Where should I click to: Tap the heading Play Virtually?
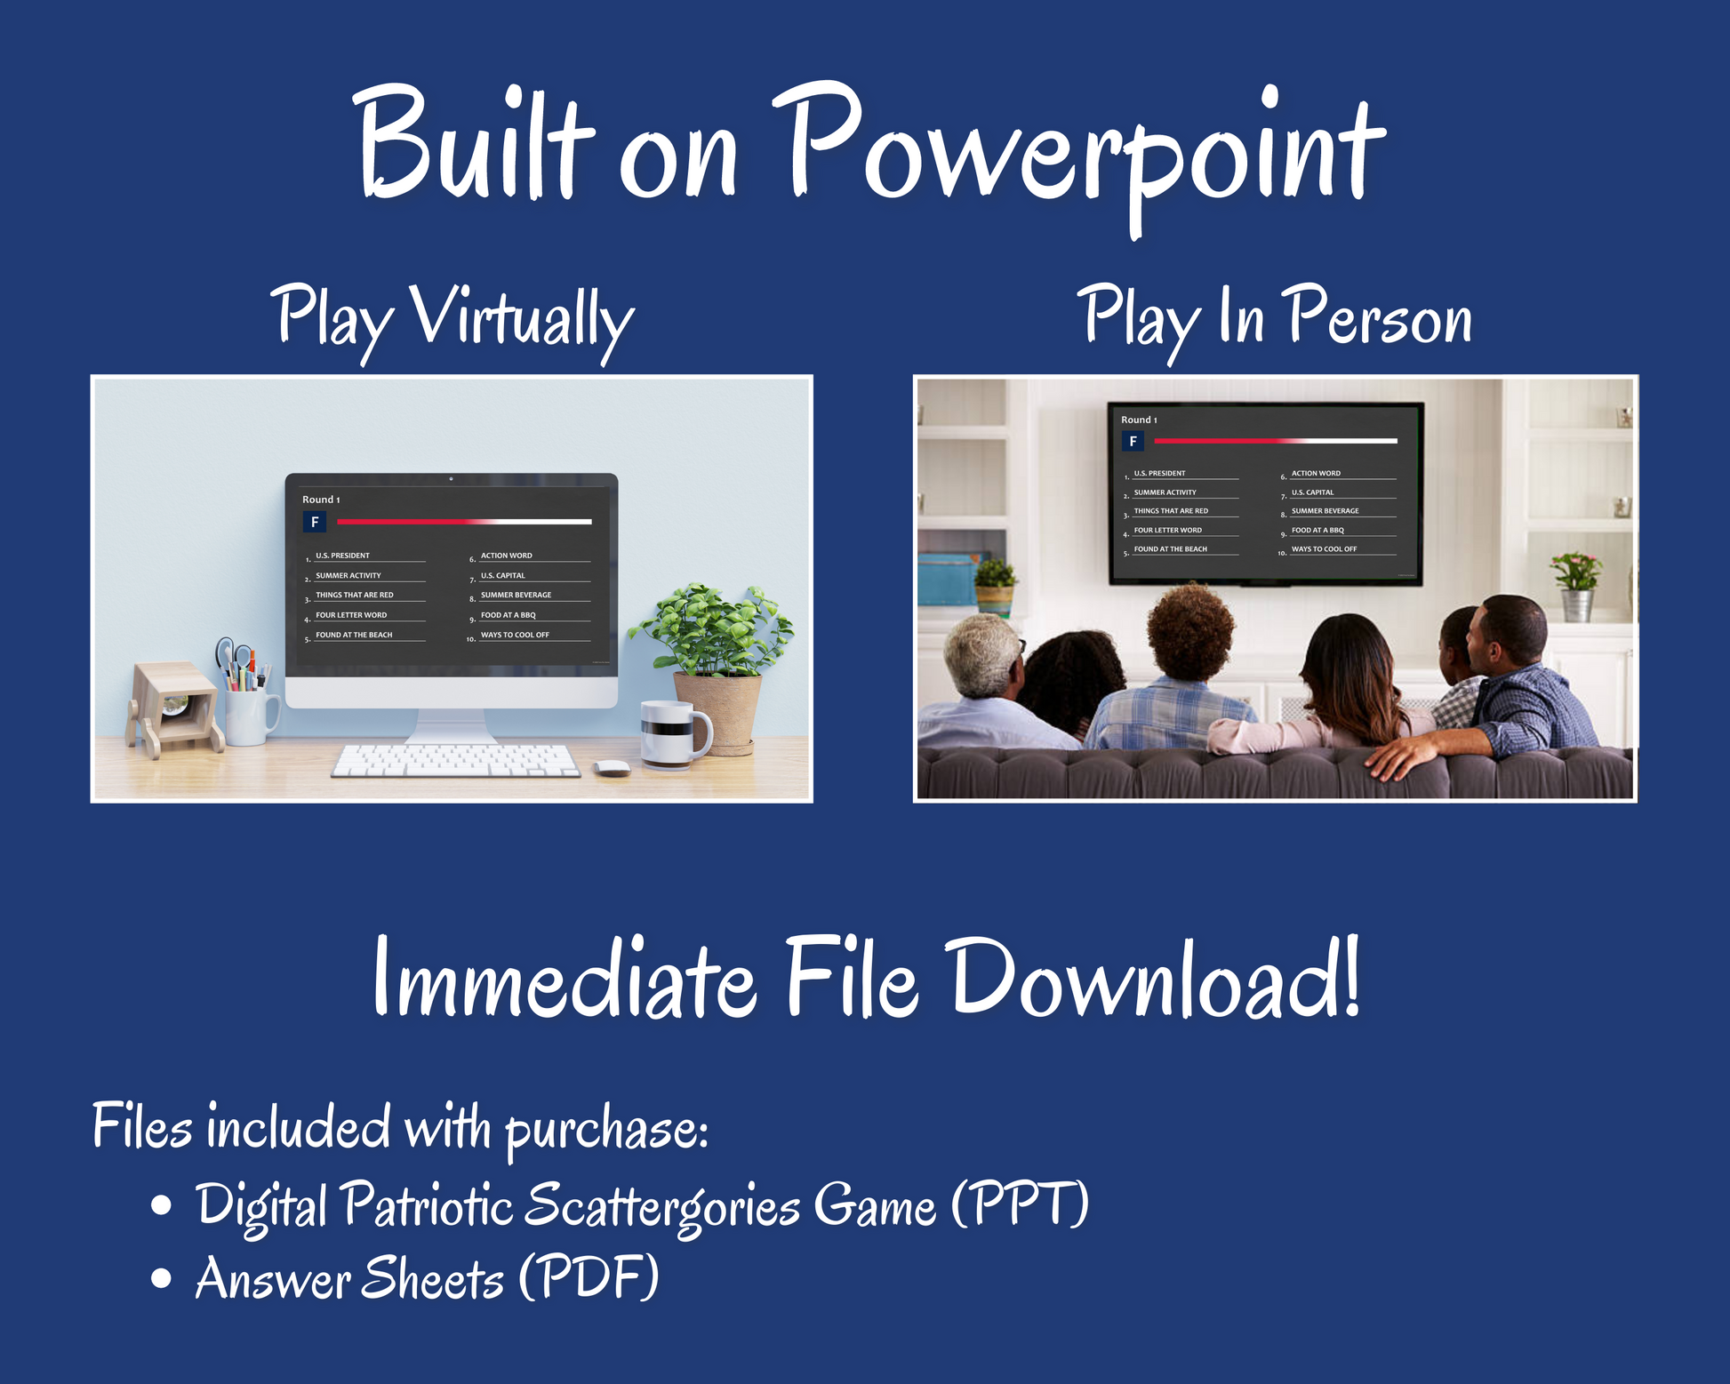(453, 321)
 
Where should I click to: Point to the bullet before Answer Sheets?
(161, 1278)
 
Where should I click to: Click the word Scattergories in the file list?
(661, 1207)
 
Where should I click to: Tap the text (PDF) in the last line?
(589, 1277)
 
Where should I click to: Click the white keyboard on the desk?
(456, 761)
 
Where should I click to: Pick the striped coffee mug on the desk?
(675, 733)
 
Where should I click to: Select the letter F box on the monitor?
(315, 523)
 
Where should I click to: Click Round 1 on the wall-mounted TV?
(1139, 420)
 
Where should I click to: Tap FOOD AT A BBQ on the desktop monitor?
(509, 615)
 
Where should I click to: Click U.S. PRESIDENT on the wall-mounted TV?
(1159, 473)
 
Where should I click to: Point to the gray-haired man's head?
(983, 656)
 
